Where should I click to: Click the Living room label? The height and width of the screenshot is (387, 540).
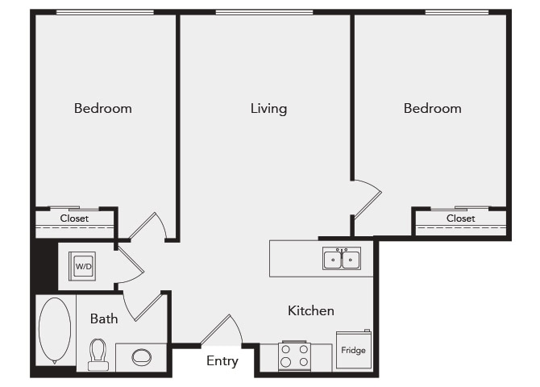click(x=268, y=108)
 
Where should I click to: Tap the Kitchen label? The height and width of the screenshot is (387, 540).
click(x=311, y=310)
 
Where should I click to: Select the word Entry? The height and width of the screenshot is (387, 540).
click(x=222, y=361)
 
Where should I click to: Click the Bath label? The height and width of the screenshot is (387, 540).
click(x=104, y=318)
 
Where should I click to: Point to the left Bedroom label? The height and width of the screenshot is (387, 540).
click(x=103, y=108)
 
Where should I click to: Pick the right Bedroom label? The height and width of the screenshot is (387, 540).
click(x=433, y=108)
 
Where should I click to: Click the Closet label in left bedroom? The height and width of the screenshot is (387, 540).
click(x=74, y=218)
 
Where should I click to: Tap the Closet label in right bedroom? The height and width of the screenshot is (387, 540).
click(x=461, y=218)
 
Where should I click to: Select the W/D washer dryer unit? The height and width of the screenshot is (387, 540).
click(x=82, y=265)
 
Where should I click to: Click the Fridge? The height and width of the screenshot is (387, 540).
click(x=353, y=351)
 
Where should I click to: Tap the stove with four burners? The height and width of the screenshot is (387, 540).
click(x=294, y=356)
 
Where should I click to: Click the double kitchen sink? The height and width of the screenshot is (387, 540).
click(x=342, y=259)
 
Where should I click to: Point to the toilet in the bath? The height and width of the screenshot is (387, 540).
click(x=98, y=353)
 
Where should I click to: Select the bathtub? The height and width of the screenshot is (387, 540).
click(x=55, y=331)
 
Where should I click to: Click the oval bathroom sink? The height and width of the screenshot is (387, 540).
click(x=141, y=356)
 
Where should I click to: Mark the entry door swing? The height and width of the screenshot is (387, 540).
click(x=222, y=331)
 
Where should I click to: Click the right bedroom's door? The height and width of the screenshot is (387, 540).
click(x=367, y=198)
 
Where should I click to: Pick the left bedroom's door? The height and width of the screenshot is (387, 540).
click(x=148, y=227)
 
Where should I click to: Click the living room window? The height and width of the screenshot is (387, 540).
click(x=264, y=12)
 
